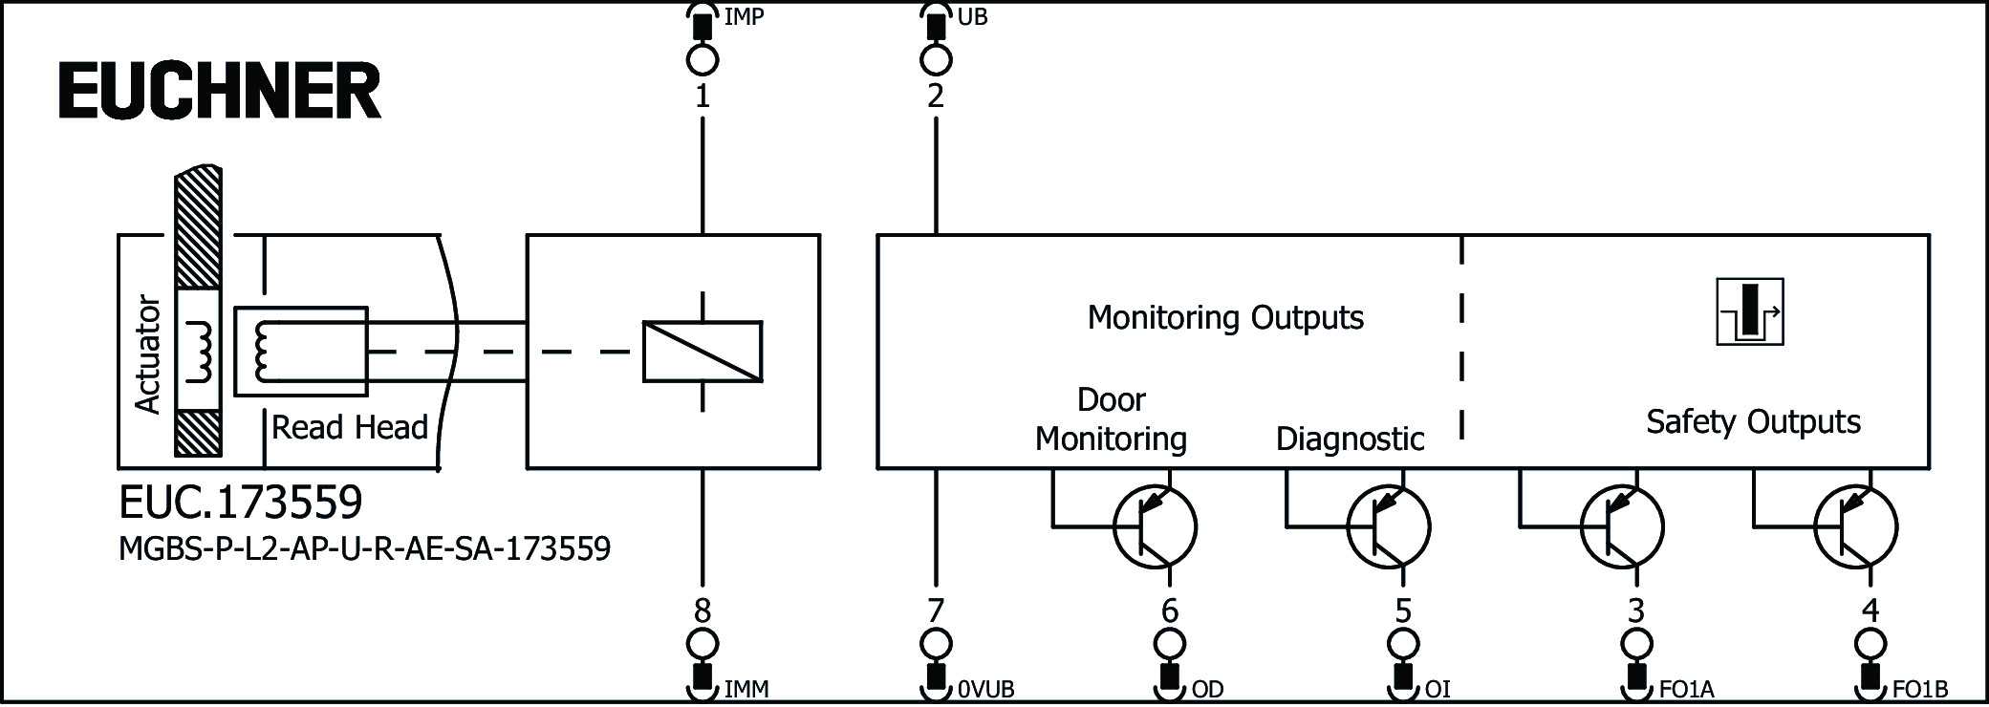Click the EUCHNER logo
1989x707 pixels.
point(220,91)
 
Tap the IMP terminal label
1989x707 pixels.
point(744,17)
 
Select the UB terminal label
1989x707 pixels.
point(972,17)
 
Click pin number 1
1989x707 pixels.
point(703,96)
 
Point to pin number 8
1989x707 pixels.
point(703,610)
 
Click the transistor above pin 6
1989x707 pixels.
point(1155,526)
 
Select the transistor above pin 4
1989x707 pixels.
point(1855,526)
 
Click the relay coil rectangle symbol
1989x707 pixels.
point(703,352)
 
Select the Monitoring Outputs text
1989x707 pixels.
point(1225,317)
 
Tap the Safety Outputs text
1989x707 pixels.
point(1753,421)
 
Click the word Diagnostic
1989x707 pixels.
point(1350,439)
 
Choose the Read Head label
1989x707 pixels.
point(350,427)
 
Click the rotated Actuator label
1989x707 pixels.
point(148,353)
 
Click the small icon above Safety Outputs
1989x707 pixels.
point(1749,311)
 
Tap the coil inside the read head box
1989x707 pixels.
point(262,352)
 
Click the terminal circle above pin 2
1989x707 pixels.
point(936,60)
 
